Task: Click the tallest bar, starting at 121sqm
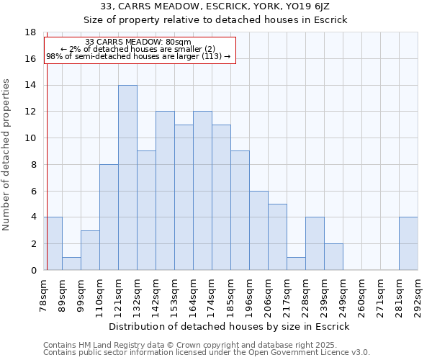(x=127, y=178)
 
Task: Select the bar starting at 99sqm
(x=90, y=251)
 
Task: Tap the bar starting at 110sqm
(x=109, y=217)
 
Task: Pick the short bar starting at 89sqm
(x=71, y=264)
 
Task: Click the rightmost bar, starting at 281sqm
(x=408, y=244)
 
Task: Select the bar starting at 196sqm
(x=258, y=230)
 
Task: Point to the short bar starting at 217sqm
(x=296, y=264)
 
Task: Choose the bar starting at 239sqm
(x=333, y=257)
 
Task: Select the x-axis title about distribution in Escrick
(x=230, y=326)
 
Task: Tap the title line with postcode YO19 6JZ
(x=215, y=6)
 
